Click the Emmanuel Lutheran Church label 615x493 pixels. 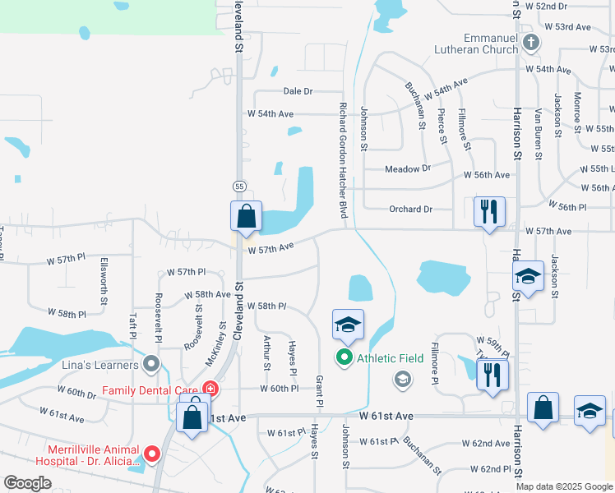coord(478,43)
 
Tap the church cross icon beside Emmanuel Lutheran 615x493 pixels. coord(531,42)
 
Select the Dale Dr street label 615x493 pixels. coord(298,91)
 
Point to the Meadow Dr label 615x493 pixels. coord(408,168)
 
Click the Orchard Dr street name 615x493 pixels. coord(410,209)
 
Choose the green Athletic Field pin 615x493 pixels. coord(344,358)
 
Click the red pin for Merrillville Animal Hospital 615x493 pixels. coord(151,454)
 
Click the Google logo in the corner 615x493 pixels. coord(28,483)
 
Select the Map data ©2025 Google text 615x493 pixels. coord(563,486)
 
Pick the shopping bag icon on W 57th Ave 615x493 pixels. coord(247,217)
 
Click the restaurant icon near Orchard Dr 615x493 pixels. coord(489,212)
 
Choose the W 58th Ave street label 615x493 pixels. coord(207,294)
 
